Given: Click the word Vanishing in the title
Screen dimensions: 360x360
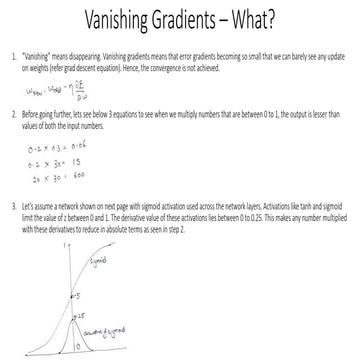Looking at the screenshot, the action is (x=108, y=21).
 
